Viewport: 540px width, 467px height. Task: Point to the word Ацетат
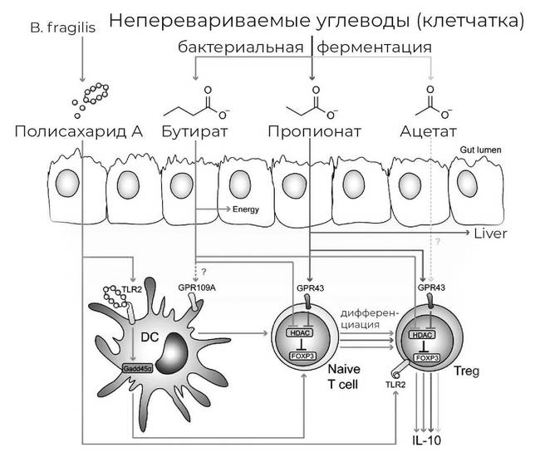428,131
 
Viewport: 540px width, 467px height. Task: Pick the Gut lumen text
479,150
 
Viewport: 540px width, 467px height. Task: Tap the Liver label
489,233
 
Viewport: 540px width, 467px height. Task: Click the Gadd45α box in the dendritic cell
138,367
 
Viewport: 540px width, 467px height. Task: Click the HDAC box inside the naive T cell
299,332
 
